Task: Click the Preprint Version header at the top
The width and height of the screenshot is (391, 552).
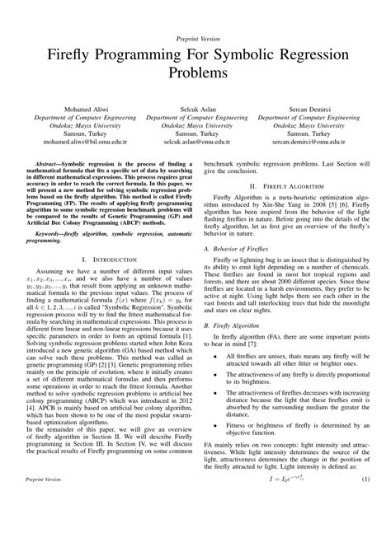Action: click(x=195, y=39)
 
